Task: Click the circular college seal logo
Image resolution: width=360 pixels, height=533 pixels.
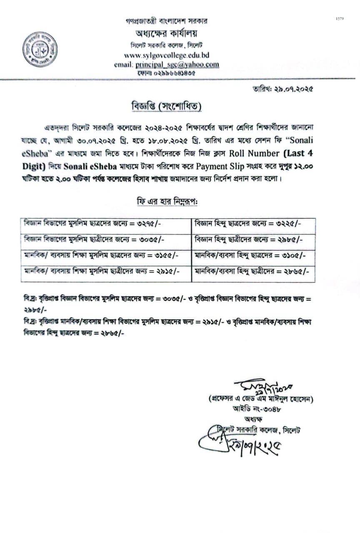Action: [x=40, y=50]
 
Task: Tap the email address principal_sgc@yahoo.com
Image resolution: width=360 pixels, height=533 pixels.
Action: [x=177, y=65]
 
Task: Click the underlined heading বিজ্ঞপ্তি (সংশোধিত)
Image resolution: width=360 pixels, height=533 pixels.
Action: [x=166, y=107]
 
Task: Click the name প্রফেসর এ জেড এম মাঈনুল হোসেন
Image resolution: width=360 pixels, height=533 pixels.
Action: [x=261, y=399]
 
